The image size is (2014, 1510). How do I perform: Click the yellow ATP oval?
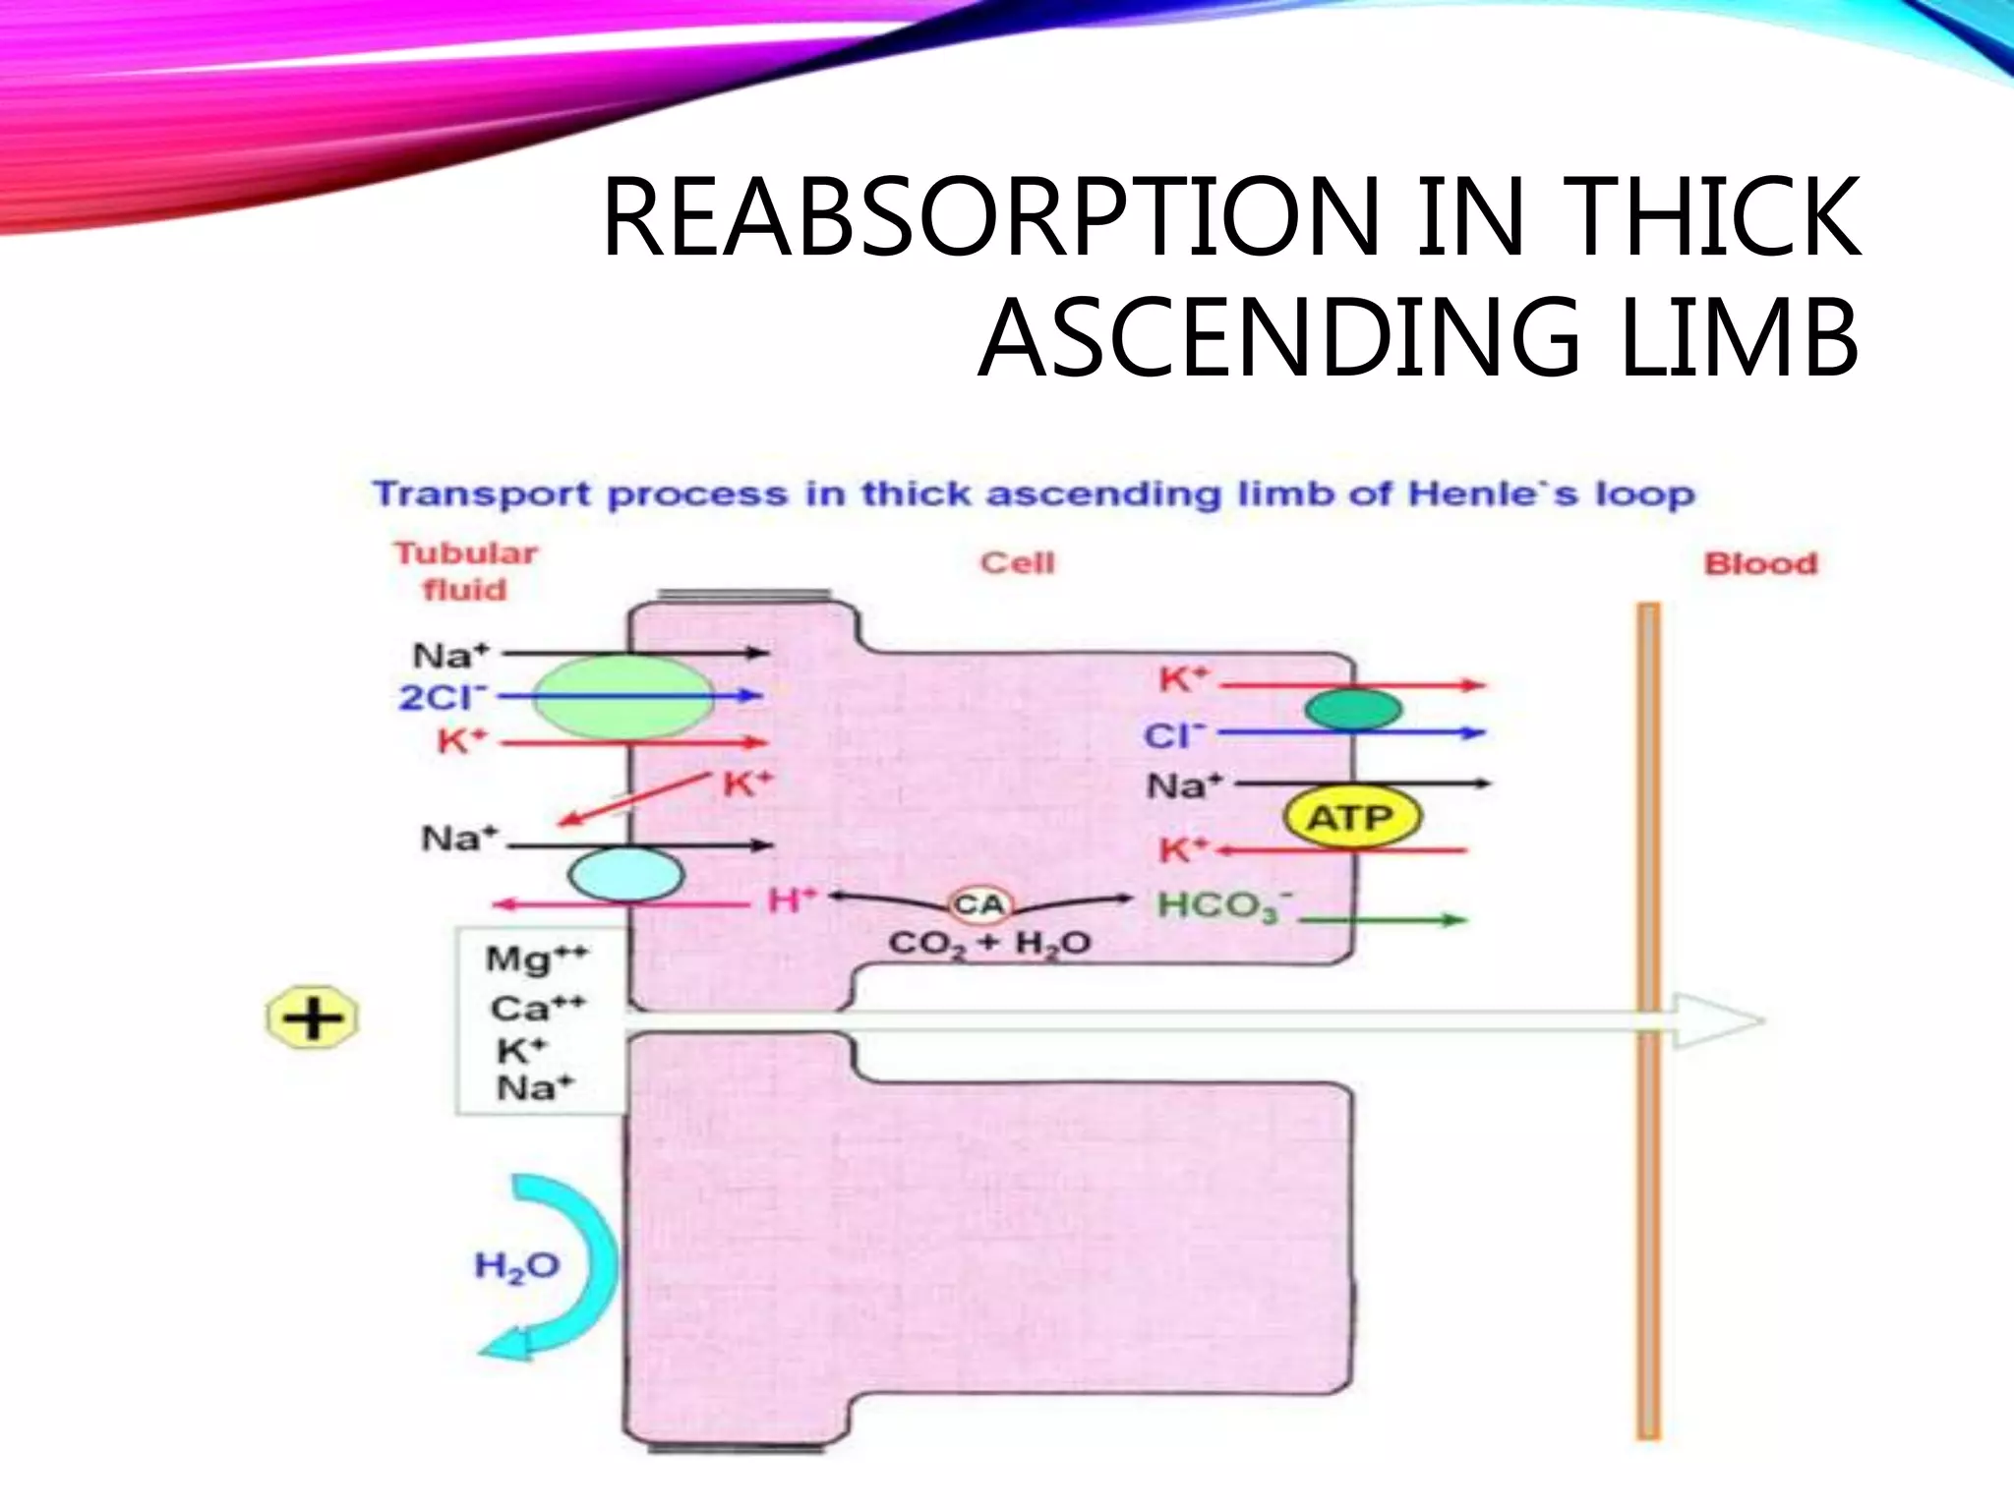coord(1352,817)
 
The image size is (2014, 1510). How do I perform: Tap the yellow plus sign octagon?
coord(313,1017)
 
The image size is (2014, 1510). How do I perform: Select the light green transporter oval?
coord(622,697)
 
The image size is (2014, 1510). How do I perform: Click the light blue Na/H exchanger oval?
coord(625,874)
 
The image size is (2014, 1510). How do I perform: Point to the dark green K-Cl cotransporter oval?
coord(1353,709)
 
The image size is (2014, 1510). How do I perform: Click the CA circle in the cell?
coord(978,904)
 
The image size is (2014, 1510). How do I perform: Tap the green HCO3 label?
coord(1224,905)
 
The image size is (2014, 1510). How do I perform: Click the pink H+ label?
coord(792,900)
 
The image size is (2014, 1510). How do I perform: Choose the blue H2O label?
coord(516,1266)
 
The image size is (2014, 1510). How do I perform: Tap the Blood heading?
coord(1760,563)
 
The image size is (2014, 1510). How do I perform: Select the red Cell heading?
coord(1017,562)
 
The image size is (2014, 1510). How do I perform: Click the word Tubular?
coord(466,552)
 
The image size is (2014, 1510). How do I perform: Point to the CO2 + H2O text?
coord(989,944)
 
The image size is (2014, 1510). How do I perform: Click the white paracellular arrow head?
coord(1721,1020)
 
